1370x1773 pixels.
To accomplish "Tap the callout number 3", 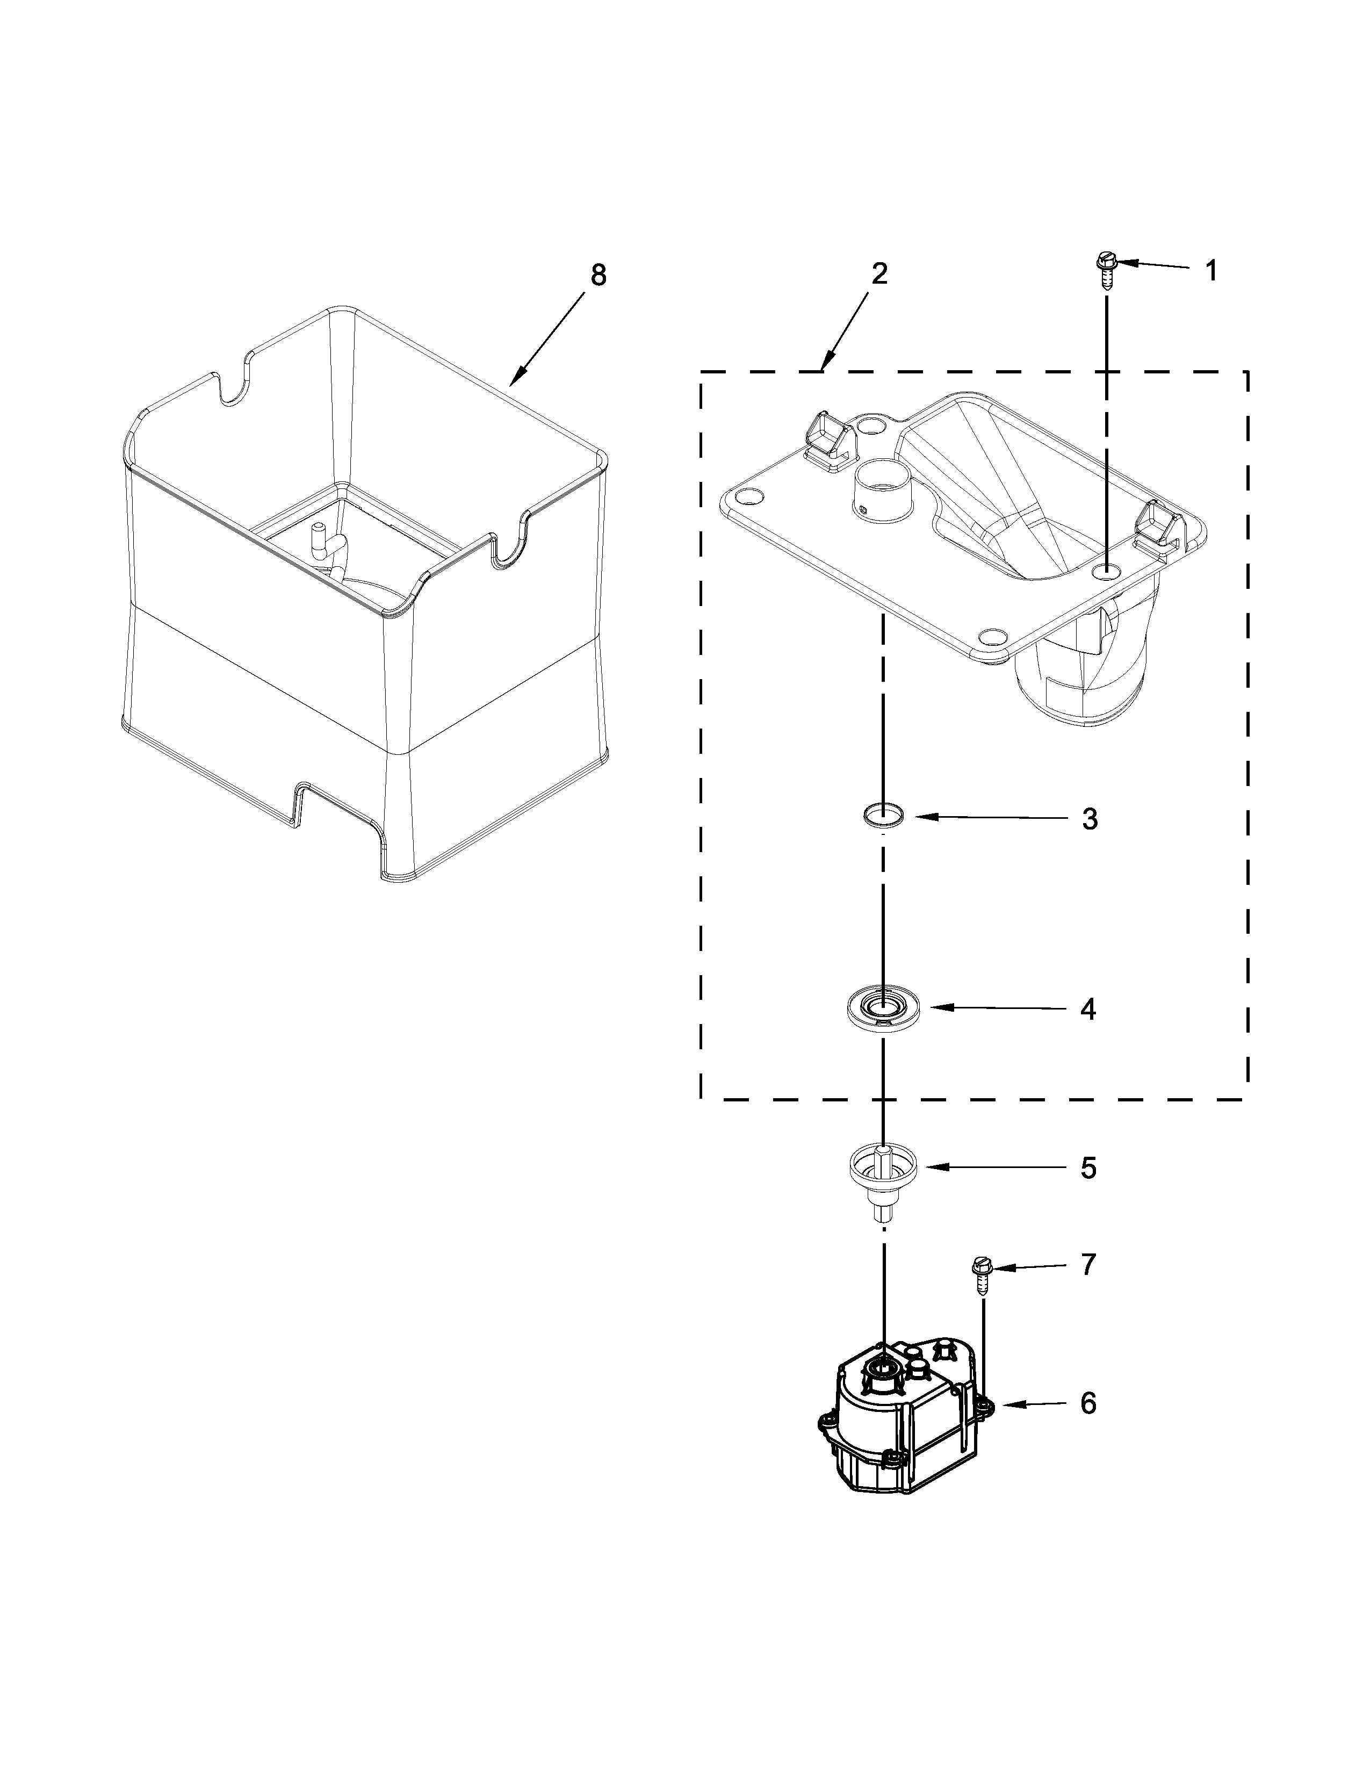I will (x=1089, y=819).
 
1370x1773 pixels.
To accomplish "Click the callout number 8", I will (x=597, y=276).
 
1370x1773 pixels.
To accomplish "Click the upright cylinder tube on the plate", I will (x=885, y=494).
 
